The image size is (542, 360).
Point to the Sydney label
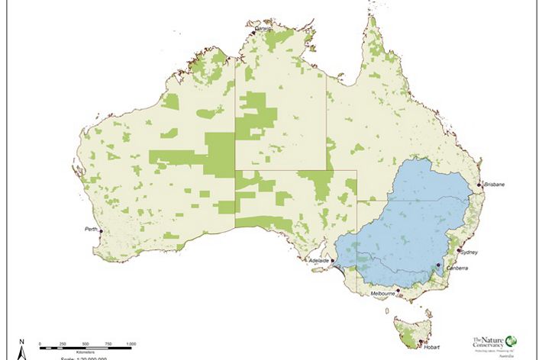[469, 251]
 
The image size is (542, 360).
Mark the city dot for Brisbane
[479, 185]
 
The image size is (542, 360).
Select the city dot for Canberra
[438, 265]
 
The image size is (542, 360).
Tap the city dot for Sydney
[458, 250]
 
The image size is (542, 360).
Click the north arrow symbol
[22, 350]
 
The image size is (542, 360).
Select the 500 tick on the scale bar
[85, 347]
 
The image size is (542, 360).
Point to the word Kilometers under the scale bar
[85, 352]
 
